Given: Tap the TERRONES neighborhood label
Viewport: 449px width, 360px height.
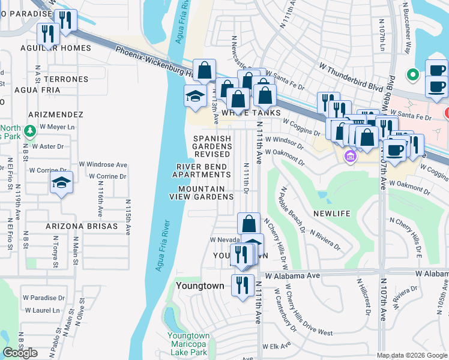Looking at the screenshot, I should click(x=64, y=79).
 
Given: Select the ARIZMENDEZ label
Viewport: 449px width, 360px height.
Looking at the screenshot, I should click(x=58, y=114).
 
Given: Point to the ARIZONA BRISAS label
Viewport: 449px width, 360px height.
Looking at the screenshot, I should click(x=76, y=227).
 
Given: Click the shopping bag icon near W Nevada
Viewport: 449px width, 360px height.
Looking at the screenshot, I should click(x=249, y=224).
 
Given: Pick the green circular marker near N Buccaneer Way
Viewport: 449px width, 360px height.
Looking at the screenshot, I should click(x=412, y=76).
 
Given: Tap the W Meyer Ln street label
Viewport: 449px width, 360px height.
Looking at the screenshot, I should click(x=57, y=127).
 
